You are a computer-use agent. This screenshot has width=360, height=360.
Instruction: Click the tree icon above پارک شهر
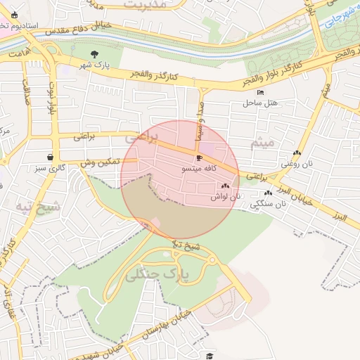(x=95, y=53)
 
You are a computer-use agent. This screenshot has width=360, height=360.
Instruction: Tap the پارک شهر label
(x=96, y=65)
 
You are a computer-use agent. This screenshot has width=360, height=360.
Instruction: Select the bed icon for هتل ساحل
(x=262, y=92)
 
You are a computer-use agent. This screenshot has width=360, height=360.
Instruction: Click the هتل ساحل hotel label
(x=262, y=103)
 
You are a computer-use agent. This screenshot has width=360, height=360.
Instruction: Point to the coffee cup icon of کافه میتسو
(x=199, y=158)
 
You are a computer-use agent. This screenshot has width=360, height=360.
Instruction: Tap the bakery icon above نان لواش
(x=225, y=186)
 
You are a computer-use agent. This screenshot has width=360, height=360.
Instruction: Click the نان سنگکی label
(x=268, y=204)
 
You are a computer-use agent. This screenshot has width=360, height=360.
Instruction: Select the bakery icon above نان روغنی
(x=297, y=153)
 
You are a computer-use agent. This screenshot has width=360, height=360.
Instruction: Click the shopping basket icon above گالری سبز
(x=50, y=157)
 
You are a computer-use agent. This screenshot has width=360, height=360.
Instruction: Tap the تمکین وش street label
(x=100, y=162)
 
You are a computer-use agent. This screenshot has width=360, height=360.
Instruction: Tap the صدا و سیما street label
(x=200, y=119)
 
